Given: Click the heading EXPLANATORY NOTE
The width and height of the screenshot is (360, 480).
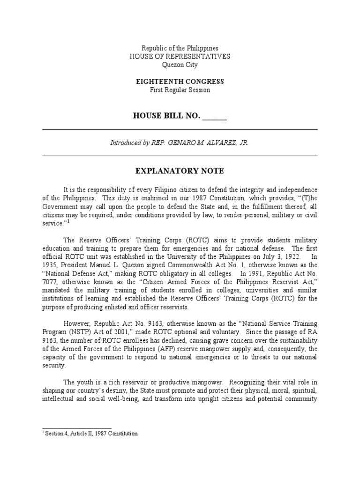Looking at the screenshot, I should (x=180, y=171).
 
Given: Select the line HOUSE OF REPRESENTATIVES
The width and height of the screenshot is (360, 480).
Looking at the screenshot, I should (x=180, y=56).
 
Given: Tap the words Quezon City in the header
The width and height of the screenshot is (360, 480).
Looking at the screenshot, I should (x=180, y=65).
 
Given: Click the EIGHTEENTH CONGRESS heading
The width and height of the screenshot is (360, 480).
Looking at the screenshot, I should (x=180, y=82).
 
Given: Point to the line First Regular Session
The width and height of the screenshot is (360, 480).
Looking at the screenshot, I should (x=180, y=90).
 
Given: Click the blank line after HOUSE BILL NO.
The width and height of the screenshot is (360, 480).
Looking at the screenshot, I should (x=214, y=116).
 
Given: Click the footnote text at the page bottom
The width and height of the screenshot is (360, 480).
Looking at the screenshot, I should (x=91, y=434).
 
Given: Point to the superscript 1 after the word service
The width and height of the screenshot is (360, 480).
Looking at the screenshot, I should (x=67, y=221).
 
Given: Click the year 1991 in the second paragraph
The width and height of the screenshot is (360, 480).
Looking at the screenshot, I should (x=258, y=274).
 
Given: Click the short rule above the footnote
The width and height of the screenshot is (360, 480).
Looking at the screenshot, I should (x=77, y=427).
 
